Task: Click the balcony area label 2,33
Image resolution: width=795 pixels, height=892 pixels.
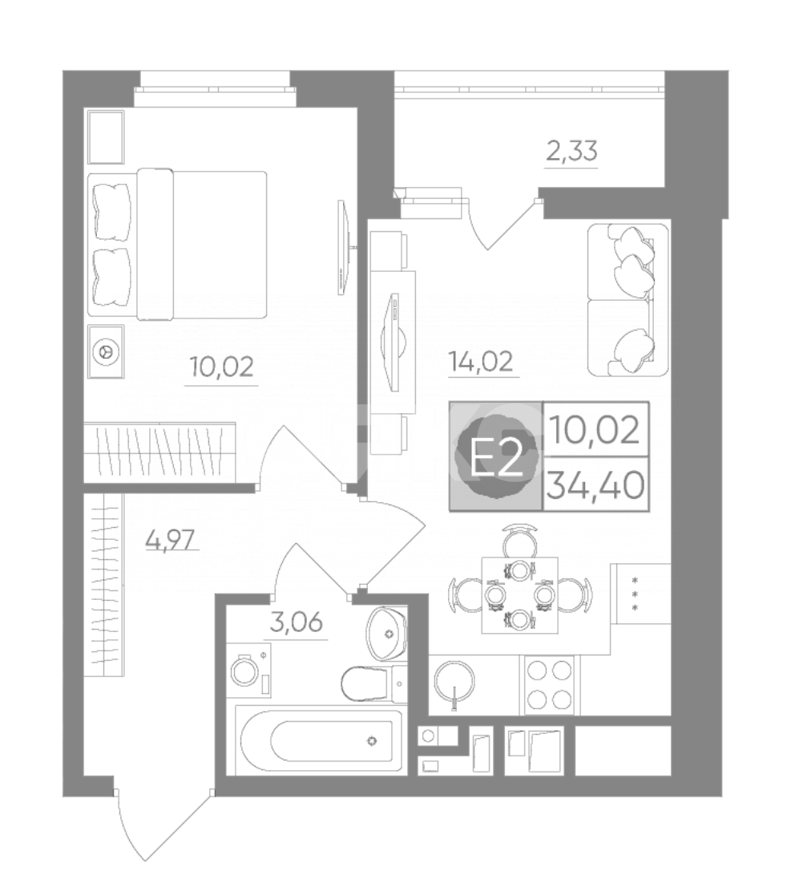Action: (x=571, y=152)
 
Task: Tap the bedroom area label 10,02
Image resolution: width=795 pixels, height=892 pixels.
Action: (x=221, y=367)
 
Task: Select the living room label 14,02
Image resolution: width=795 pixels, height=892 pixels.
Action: (x=480, y=361)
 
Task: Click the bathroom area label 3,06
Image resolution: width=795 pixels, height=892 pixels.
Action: (x=296, y=622)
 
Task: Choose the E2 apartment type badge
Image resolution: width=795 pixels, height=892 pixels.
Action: (x=495, y=456)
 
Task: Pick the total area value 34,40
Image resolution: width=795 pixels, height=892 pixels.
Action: (x=596, y=485)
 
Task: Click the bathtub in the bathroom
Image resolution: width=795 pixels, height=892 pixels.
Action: (x=321, y=740)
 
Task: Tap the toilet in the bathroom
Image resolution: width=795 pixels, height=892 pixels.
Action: (x=374, y=683)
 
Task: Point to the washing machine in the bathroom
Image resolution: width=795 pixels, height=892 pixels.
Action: (x=249, y=671)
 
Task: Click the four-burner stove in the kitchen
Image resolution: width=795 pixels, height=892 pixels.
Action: (x=548, y=683)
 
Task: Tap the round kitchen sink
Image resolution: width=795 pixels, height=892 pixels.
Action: (x=454, y=682)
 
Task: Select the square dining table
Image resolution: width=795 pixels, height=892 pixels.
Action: (x=520, y=595)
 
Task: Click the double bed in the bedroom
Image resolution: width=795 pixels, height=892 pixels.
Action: (x=177, y=244)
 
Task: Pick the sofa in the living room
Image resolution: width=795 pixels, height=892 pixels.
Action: (x=628, y=300)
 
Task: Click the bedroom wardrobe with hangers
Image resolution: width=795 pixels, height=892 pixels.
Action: (x=159, y=452)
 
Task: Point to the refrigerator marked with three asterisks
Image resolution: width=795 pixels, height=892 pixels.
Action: (x=641, y=594)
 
